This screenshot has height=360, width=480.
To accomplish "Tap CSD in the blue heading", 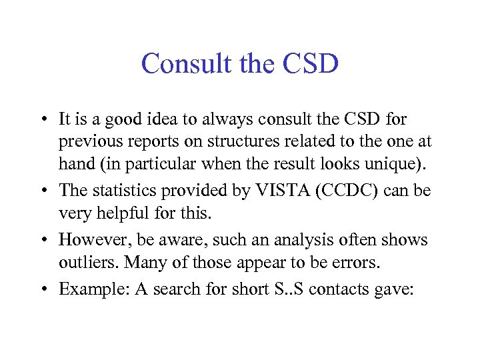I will click(311, 65).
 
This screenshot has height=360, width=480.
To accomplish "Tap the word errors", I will click(357, 263).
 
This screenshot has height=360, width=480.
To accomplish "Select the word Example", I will click(86, 289).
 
